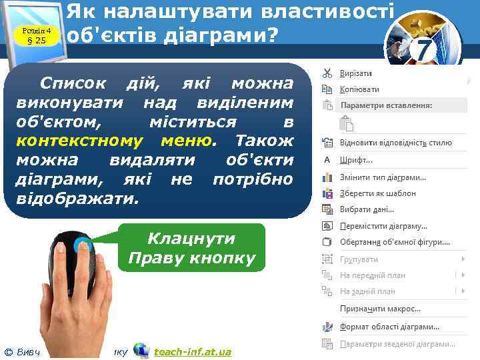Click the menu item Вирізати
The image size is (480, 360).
[x=356, y=73]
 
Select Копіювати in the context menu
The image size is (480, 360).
[x=359, y=89]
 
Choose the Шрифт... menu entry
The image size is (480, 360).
[x=357, y=160]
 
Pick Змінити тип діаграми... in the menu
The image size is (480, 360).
[x=383, y=177]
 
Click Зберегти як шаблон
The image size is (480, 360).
[x=377, y=193]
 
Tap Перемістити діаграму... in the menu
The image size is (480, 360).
[x=383, y=226]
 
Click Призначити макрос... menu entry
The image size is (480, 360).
[x=380, y=309]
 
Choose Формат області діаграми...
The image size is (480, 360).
[x=389, y=327]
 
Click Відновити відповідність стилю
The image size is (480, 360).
[x=395, y=143]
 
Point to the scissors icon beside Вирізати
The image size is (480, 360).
[x=328, y=73]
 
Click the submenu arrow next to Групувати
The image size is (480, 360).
[x=463, y=259]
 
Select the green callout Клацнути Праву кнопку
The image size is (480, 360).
[x=191, y=249]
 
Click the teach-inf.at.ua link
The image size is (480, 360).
[x=192, y=351]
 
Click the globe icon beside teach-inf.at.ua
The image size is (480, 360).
[x=141, y=351]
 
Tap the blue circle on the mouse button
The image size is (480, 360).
[x=82, y=245]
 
